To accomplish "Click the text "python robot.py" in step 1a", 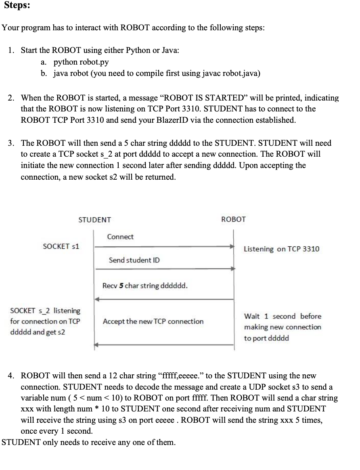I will pos(81,62).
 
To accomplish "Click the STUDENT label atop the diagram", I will pos(94,220).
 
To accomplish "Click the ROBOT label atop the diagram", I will pos(233,219).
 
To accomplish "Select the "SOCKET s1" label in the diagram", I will pos(61,246).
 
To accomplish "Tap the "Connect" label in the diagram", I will pos(120,237).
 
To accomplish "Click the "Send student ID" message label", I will pos(134,260).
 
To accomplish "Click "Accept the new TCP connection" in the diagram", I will pos(153,321).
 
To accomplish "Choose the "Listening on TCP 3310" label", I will pos(281,249).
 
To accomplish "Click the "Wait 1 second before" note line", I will pos(283,316).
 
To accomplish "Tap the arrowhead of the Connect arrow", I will pos(232,246).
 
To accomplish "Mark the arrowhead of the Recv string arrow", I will pos(96,299).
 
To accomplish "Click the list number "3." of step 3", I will pos(12,143).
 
